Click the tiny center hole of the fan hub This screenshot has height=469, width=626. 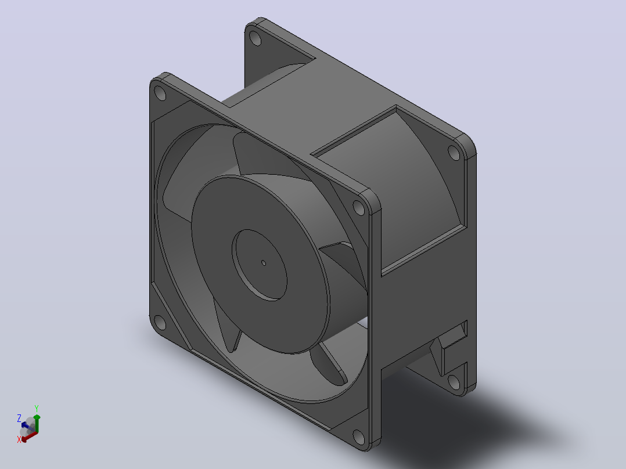click(264, 262)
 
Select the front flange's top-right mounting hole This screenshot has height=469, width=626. click(359, 208)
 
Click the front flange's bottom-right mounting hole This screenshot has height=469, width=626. click(359, 438)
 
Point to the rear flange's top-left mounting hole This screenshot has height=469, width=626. click(255, 38)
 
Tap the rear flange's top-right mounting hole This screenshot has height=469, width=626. click(454, 153)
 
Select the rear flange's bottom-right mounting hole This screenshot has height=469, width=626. click(454, 382)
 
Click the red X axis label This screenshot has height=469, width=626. click(19, 439)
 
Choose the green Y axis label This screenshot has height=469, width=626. click(37, 408)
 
